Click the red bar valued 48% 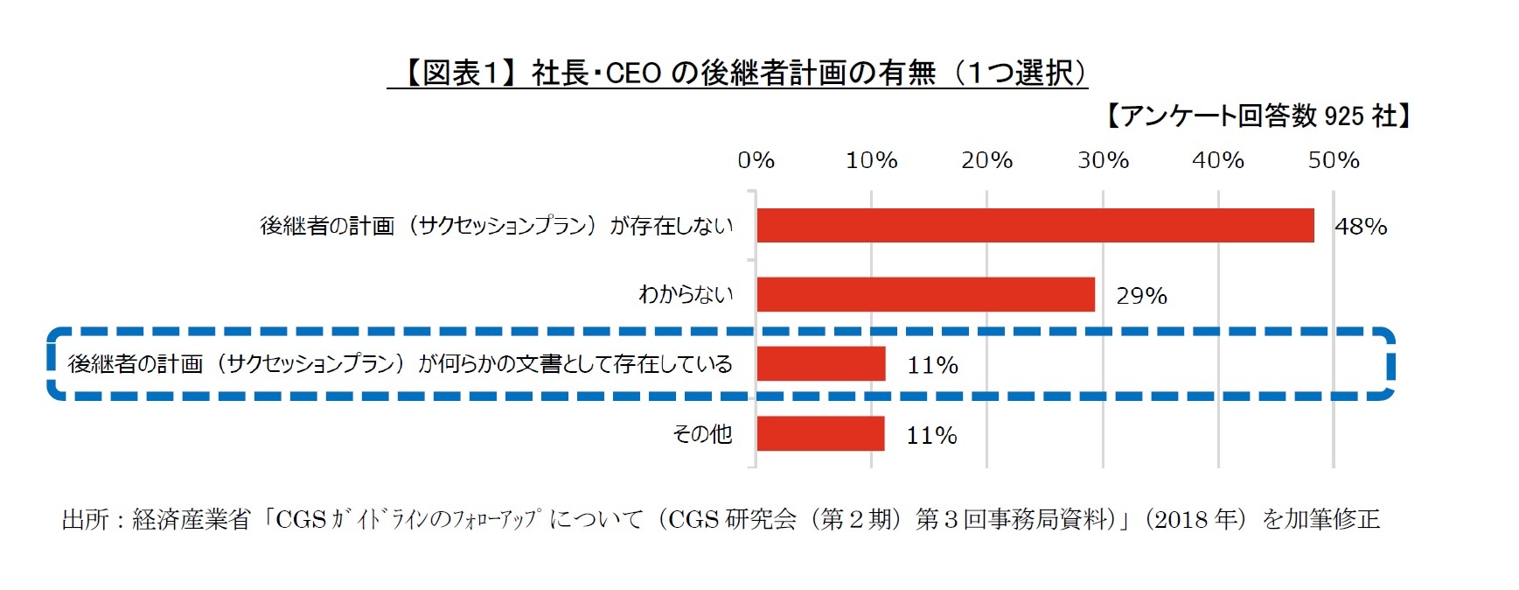click(x=1035, y=225)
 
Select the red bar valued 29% click(x=925, y=294)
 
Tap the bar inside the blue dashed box click(x=820, y=363)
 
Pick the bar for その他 click(x=820, y=433)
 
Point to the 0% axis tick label click(x=756, y=160)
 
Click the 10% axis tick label click(x=871, y=160)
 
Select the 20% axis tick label click(x=986, y=160)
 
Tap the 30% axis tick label click(x=1103, y=160)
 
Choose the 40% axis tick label click(x=1218, y=160)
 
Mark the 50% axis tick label click(x=1334, y=160)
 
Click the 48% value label click(x=1361, y=227)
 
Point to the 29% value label click(x=1141, y=296)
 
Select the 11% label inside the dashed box click(x=932, y=365)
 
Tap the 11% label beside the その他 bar click(x=931, y=435)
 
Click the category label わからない click(x=686, y=294)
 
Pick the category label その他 click(x=701, y=433)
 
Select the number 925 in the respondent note click(x=1344, y=116)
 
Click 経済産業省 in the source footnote click(x=192, y=520)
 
